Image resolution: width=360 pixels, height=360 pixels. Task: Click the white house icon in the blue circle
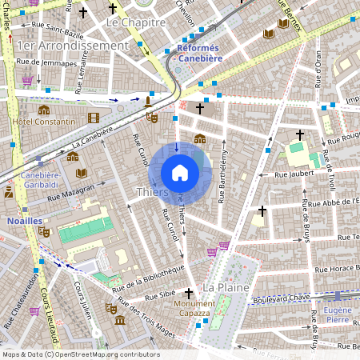coord(180,173)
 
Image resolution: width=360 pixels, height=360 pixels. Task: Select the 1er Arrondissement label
coord(72,46)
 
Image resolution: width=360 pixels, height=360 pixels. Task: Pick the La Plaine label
coord(226,286)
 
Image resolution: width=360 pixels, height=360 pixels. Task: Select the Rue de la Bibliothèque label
coord(149,278)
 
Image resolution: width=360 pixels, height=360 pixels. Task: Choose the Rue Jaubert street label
coord(291,173)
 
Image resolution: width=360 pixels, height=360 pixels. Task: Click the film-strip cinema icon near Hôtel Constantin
coord(94,118)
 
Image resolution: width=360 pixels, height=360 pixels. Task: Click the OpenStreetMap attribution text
coord(81,354)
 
